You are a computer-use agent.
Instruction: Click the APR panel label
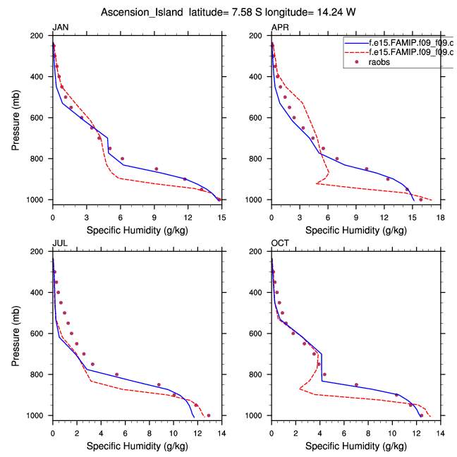coord(279,28)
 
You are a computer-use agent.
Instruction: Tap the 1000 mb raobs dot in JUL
coord(209,415)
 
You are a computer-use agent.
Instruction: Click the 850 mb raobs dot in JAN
coord(156,169)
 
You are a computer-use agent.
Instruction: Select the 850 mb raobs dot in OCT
coord(356,385)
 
